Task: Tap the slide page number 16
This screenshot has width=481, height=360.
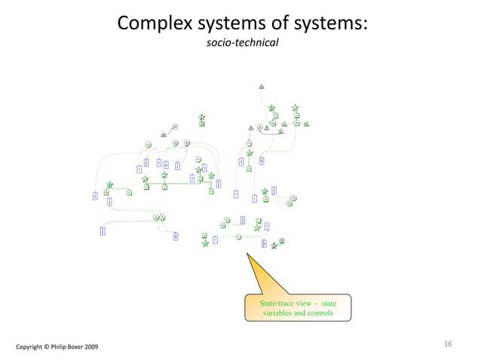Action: [x=448, y=344]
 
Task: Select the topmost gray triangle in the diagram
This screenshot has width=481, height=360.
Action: [x=262, y=85]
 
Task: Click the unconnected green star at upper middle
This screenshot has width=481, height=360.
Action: [x=202, y=117]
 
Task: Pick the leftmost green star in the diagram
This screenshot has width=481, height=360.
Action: [x=110, y=185]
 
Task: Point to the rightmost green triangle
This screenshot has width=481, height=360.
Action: [x=307, y=124]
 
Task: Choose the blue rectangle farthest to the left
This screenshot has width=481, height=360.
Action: [x=95, y=196]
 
